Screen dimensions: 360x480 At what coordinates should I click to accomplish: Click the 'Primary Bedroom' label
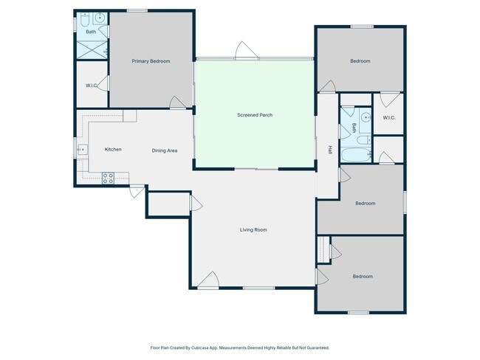[x=151, y=61]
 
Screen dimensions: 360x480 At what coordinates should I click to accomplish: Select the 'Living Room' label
[x=253, y=230]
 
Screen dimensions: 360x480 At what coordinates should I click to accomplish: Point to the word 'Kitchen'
[x=113, y=150]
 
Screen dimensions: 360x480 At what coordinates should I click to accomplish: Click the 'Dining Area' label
[x=165, y=150]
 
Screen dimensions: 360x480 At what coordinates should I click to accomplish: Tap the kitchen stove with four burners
[x=107, y=178]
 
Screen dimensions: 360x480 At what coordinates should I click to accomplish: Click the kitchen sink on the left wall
[x=81, y=149]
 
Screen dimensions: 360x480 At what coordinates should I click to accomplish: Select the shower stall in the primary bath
[x=93, y=49]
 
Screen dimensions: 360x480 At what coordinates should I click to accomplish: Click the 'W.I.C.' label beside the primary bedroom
[x=92, y=86]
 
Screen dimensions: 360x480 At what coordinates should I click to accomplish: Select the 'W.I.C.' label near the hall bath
[x=389, y=118]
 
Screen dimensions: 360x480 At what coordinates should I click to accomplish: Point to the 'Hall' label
[x=329, y=150]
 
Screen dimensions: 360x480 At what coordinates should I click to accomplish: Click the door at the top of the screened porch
[x=246, y=51]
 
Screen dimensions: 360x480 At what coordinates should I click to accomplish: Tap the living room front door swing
[x=208, y=280]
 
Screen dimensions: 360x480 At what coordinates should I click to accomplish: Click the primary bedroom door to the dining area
[x=178, y=103]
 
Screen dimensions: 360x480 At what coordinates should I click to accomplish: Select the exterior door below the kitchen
[x=136, y=191]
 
